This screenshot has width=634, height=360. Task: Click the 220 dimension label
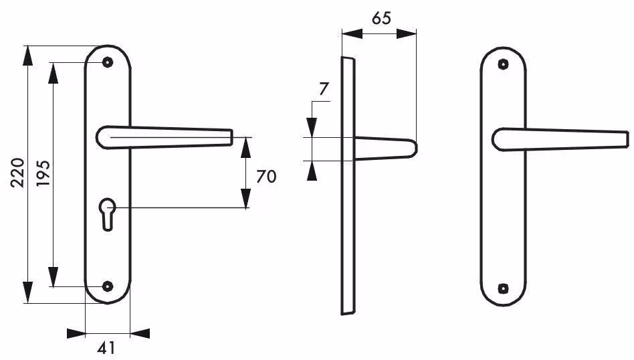17,173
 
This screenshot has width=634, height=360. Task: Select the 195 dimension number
43,173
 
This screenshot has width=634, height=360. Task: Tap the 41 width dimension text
106,348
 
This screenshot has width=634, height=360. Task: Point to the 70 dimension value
266,177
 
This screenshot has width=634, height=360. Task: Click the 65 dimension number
381,18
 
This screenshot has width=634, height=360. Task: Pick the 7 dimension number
324,89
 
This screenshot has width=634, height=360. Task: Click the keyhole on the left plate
108,214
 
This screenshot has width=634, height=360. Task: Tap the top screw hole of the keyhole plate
107,62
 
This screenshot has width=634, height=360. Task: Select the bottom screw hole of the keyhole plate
107,286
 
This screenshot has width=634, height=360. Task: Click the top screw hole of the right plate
503,64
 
